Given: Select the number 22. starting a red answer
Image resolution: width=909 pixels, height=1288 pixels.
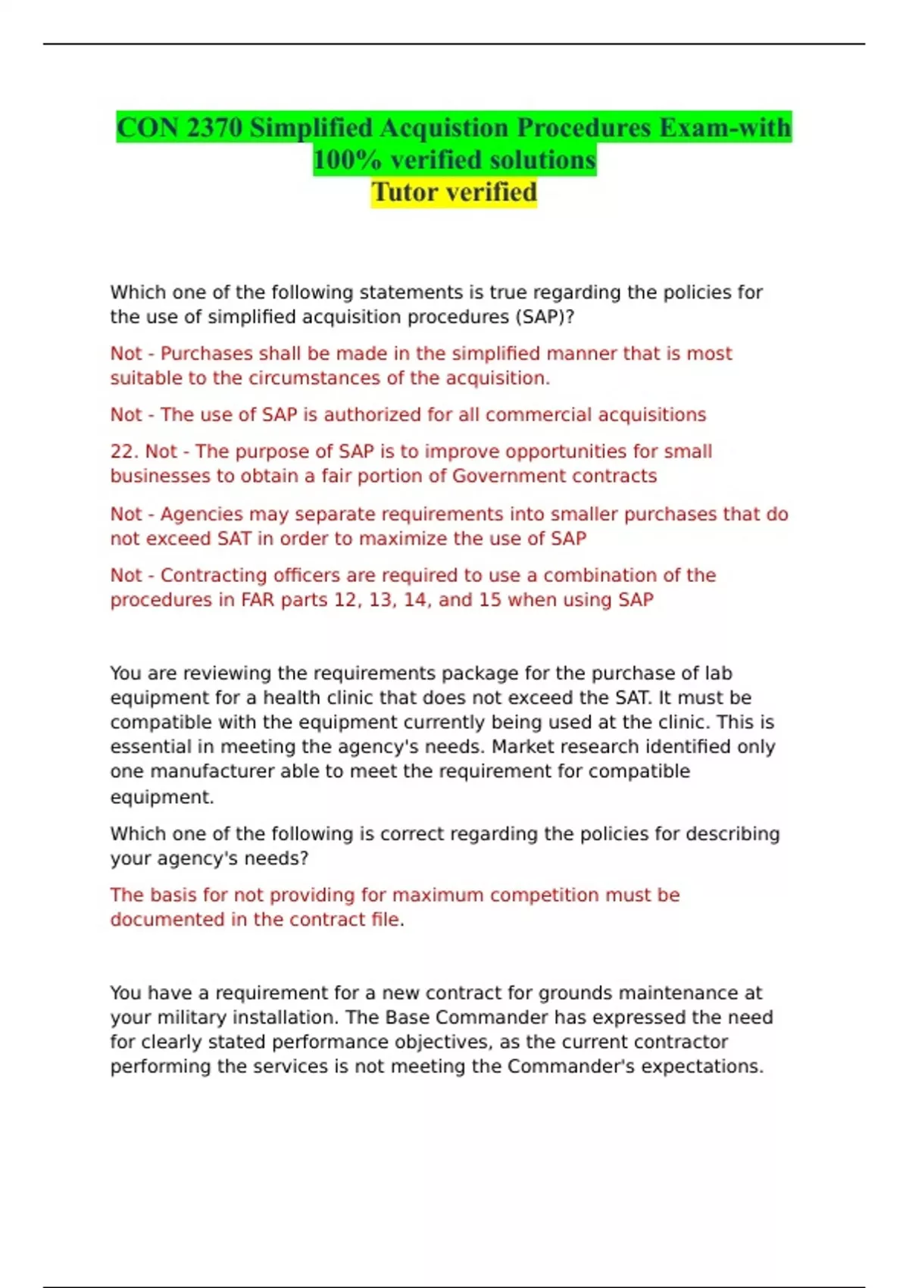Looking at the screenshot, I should (x=124, y=452).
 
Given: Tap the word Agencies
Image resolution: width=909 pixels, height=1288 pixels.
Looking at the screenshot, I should (x=202, y=514).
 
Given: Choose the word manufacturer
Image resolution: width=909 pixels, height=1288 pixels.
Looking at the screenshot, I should (x=211, y=771).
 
